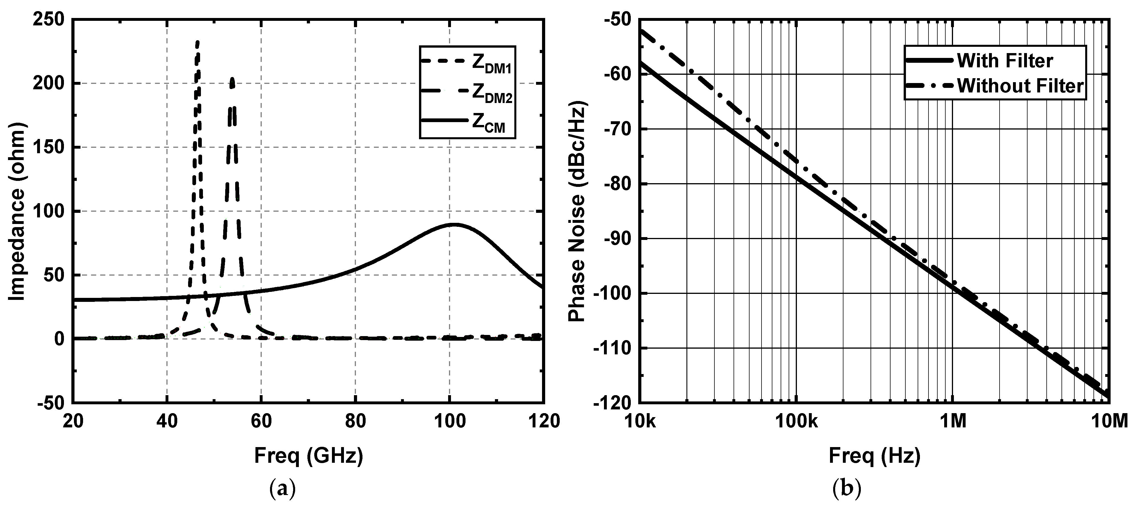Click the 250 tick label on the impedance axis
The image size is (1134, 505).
point(49,20)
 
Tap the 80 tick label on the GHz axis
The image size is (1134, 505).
point(355,421)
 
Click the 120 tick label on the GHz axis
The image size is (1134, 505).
point(545,421)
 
